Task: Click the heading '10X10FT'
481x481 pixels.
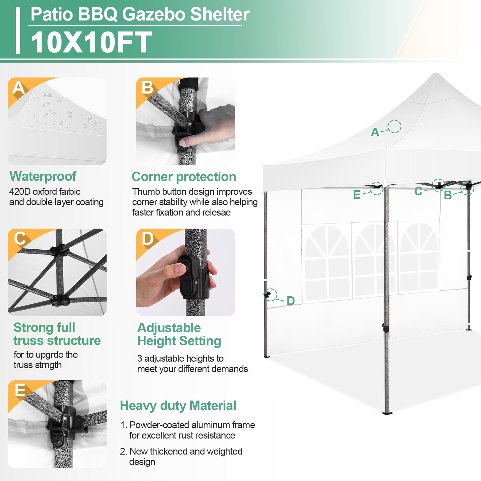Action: click(x=91, y=42)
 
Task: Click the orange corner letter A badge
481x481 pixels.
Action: click(x=18, y=88)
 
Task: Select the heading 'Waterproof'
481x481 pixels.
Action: click(x=43, y=176)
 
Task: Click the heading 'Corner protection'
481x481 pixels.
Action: click(x=184, y=177)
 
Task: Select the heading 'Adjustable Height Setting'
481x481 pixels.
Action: click(x=179, y=334)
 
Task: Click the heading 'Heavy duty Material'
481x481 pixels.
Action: click(x=178, y=406)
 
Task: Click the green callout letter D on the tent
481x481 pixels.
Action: click(x=291, y=301)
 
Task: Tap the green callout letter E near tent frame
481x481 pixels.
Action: click(x=357, y=195)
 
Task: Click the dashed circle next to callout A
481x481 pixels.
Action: click(x=395, y=126)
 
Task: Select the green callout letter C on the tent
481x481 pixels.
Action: click(x=418, y=192)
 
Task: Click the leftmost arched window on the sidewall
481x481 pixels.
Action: click(x=327, y=261)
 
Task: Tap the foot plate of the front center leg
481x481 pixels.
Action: click(x=387, y=412)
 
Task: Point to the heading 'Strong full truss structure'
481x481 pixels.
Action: click(x=57, y=334)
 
